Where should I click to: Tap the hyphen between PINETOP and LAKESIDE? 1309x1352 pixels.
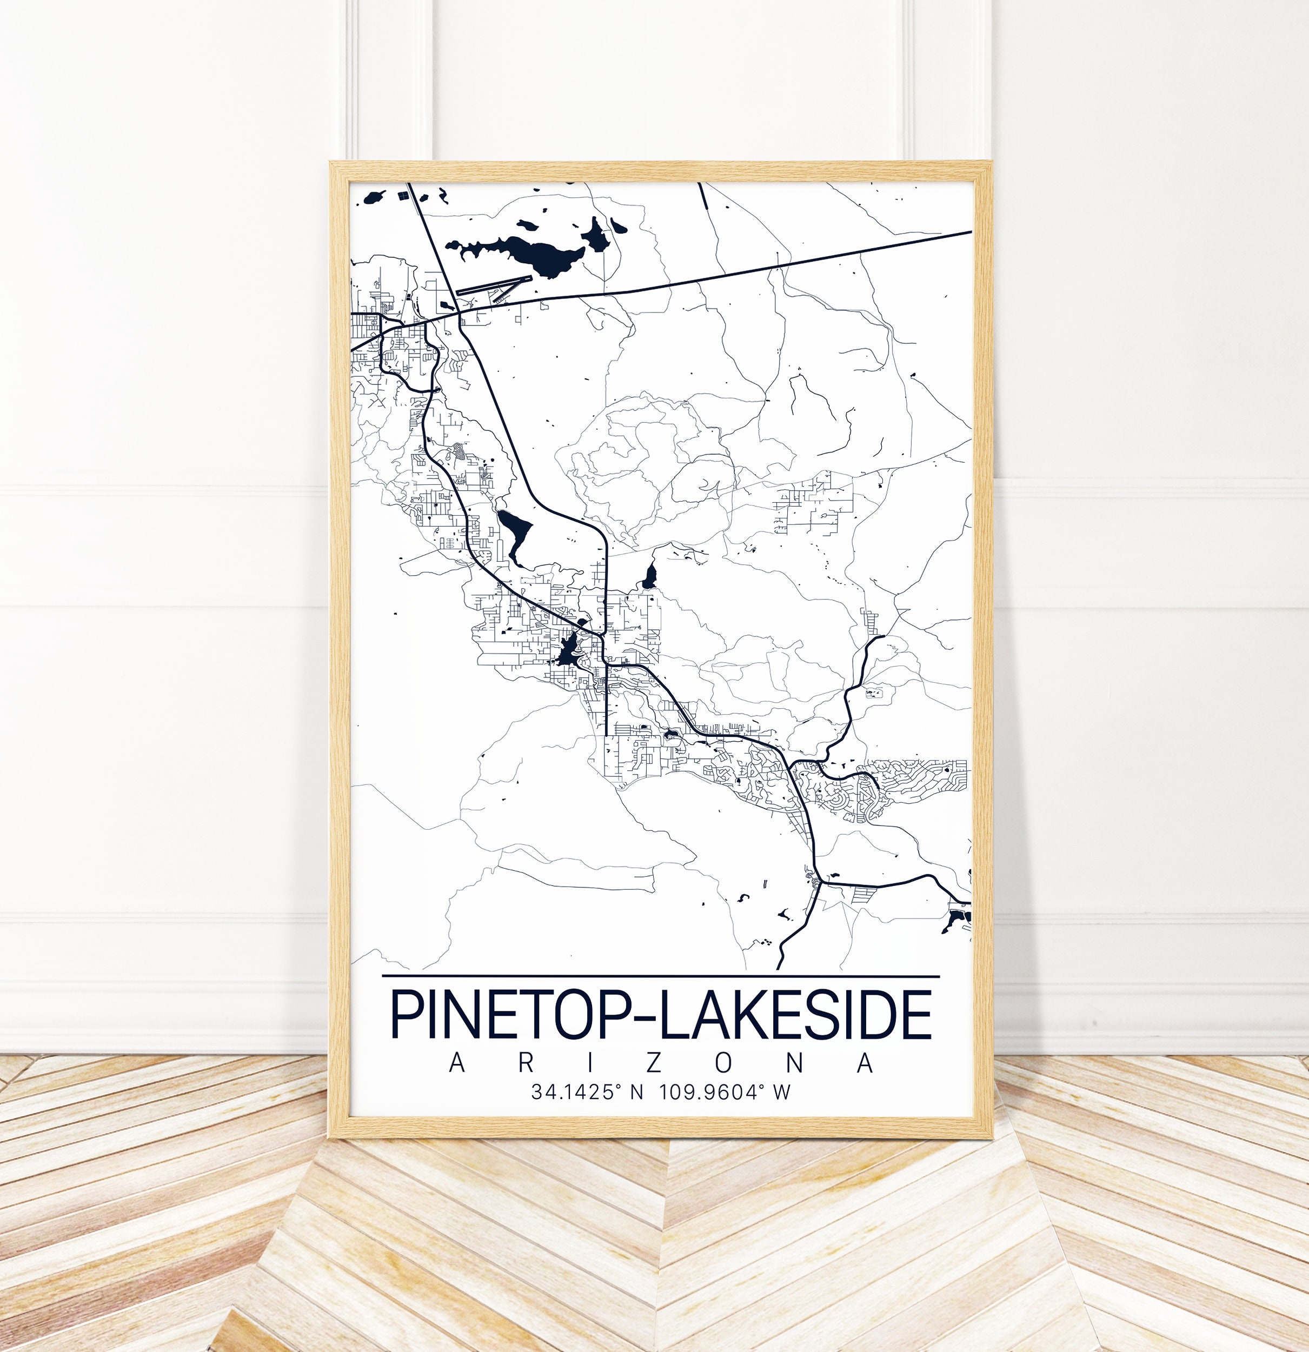click(x=647, y=1018)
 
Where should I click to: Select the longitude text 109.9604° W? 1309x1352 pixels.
click(x=725, y=1092)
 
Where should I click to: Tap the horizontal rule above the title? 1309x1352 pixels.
click(x=660, y=977)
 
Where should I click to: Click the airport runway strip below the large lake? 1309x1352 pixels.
click(x=494, y=285)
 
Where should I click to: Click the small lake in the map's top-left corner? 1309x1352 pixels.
click(x=375, y=198)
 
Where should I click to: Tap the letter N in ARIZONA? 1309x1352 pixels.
click(x=794, y=1063)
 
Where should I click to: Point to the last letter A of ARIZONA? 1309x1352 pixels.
click(x=865, y=1063)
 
